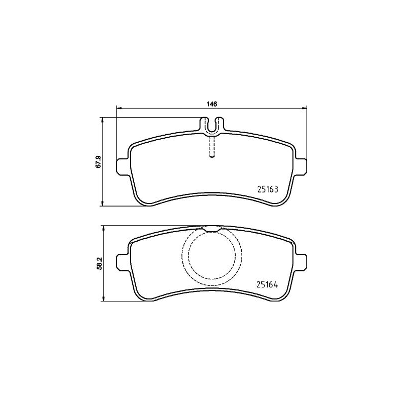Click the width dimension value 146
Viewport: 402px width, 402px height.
click(212, 104)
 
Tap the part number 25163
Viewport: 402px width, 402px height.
click(267, 190)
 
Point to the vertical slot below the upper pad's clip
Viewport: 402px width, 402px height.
click(212, 148)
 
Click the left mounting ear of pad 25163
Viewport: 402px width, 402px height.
click(122, 165)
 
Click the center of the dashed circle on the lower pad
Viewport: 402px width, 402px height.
click(212, 254)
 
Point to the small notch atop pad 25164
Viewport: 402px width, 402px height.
click(212, 229)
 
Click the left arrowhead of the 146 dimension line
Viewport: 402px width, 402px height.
click(119, 108)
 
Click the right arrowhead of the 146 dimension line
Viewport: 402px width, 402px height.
click(304, 108)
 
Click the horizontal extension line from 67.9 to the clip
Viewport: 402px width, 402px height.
click(151, 118)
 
